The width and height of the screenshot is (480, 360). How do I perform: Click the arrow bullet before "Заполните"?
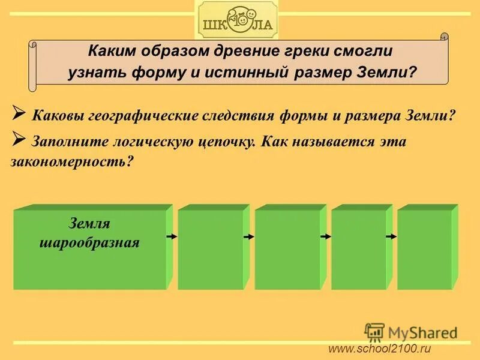click(x=18, y=140)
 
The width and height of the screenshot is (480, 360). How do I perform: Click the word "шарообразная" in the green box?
click(x=89, y=243)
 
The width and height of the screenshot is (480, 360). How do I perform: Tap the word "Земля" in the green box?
click(x=89, y=224)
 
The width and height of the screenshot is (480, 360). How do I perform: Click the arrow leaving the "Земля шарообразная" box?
click(x=172, y=237)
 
